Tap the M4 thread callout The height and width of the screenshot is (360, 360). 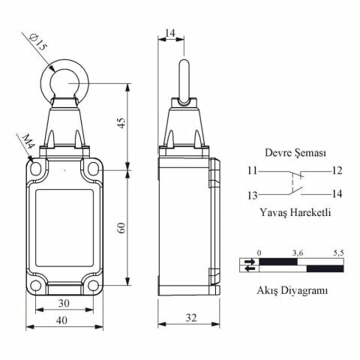coord(27,142)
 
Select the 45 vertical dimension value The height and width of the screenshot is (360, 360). coord(121,122)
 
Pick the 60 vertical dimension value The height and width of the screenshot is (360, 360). coord(121,227)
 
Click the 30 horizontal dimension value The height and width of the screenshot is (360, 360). coord(64,303)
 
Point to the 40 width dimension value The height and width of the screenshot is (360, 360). coord(61,320)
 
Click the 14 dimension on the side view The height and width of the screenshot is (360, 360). coord(170,33)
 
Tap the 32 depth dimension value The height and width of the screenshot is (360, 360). coord(191,318)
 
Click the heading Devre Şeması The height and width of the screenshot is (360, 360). coord(295,153)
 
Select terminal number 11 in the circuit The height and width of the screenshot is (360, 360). coord(253,171)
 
